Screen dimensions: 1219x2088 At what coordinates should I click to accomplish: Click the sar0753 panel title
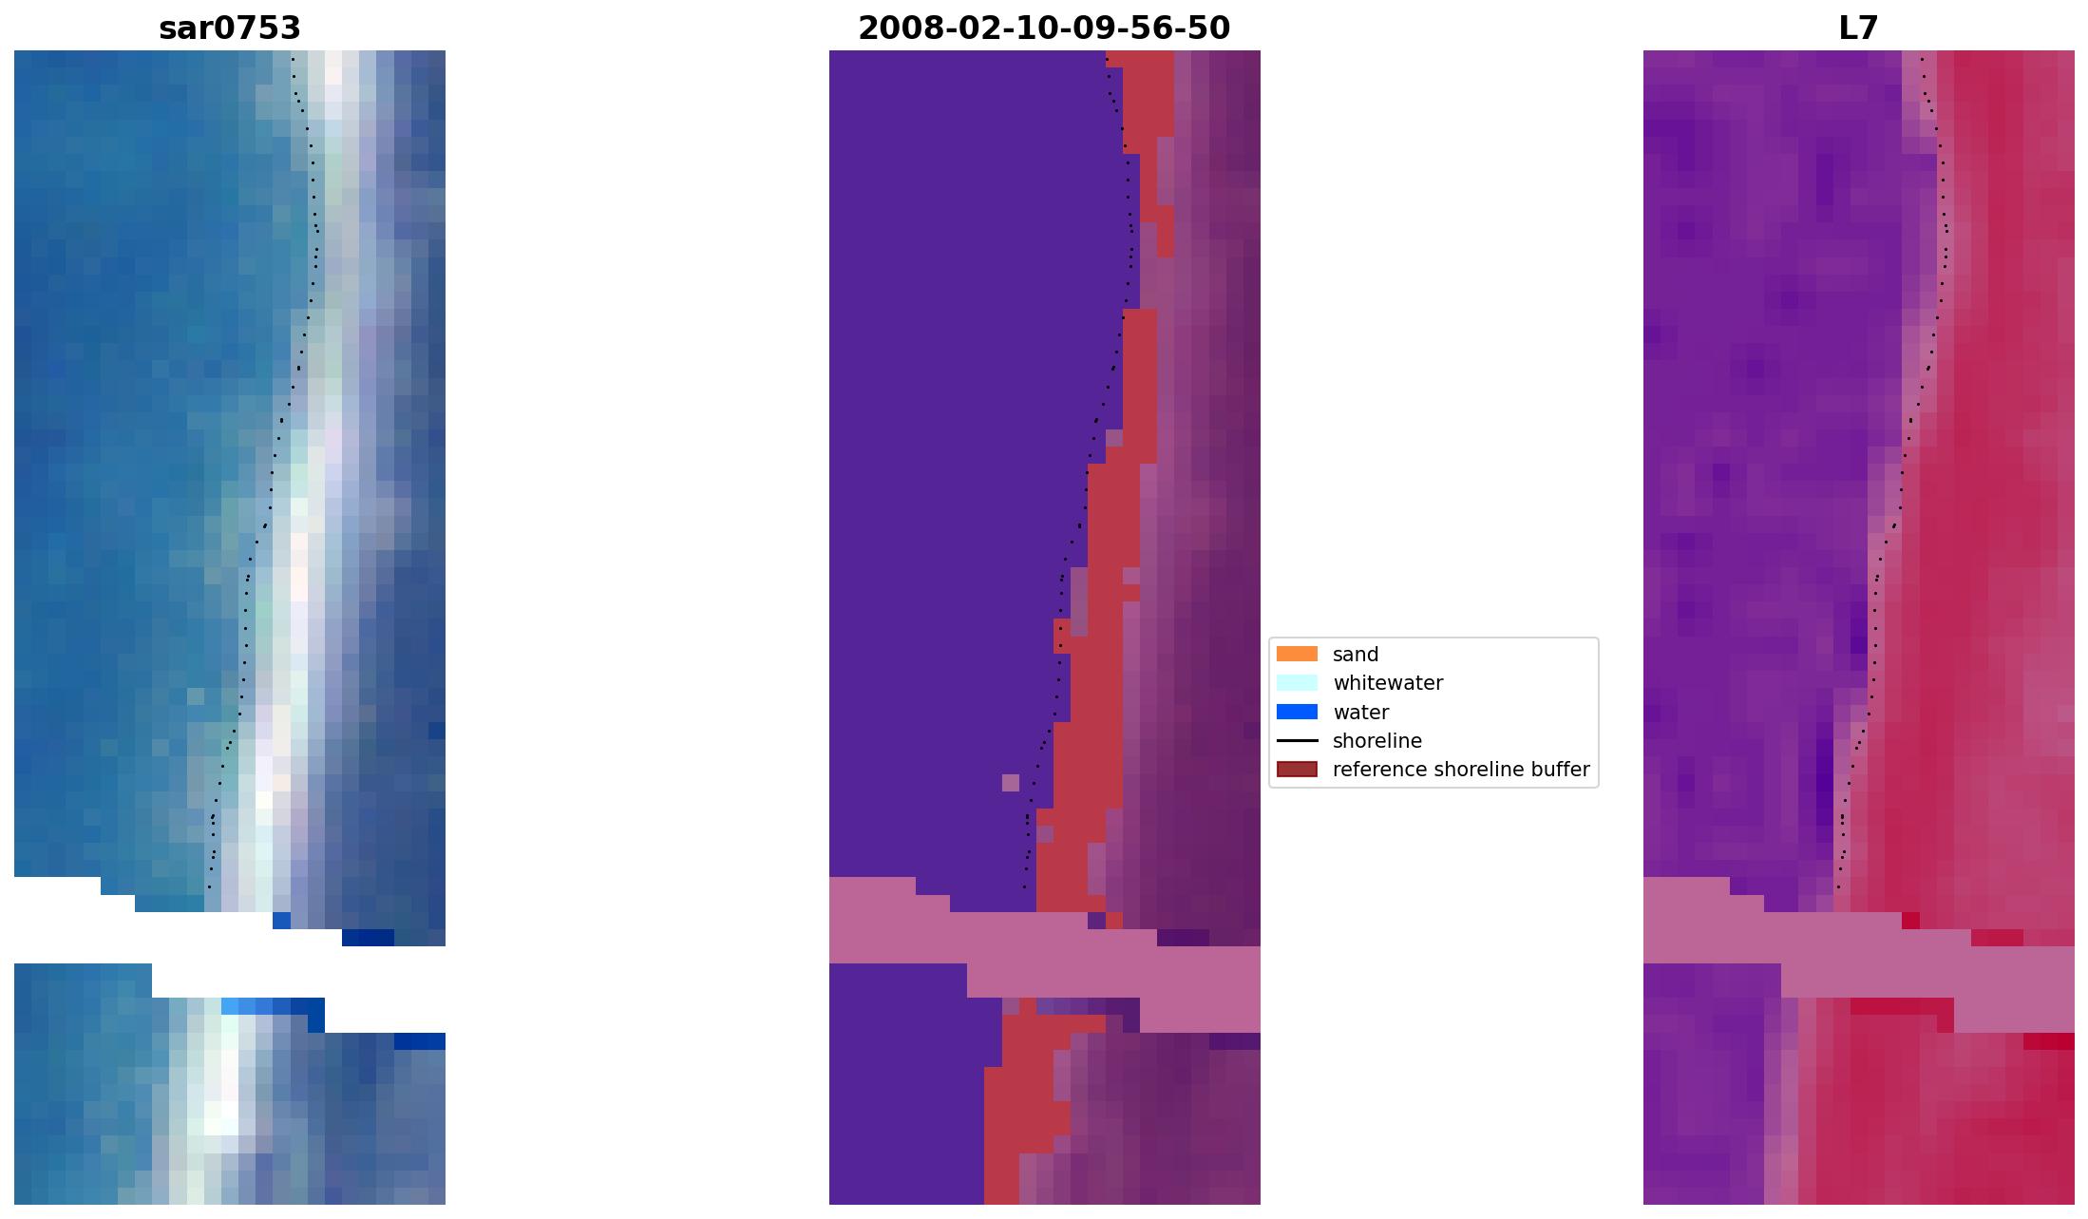(x=230, y=29)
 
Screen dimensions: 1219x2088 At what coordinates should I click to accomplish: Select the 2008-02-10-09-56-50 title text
(x=1044, y=29)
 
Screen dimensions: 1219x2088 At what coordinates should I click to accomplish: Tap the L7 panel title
(x=1858, y=29)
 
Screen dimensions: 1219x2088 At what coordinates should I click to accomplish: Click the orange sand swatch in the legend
(x=1297, y=654)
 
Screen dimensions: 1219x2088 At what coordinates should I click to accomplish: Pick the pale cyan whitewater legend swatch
(x=1297, y=682)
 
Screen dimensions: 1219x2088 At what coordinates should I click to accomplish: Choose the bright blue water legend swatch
(x=1297, y=712)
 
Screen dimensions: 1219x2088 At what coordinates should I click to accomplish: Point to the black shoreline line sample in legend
(x=1297, y=740)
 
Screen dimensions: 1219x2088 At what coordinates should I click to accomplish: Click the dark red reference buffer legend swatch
(x=1297, y=769)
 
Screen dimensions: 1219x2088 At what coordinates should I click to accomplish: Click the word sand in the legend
(x=1356, y=655)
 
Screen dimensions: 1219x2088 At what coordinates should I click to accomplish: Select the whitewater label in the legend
(x=1388, y=683)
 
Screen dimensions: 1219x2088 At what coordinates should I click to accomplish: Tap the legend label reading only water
(x=1360, y=713)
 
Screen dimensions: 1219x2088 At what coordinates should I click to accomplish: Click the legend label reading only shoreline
(x=1376, y=741)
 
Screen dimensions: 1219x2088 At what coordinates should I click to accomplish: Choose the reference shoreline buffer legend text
(x=1460, y=770)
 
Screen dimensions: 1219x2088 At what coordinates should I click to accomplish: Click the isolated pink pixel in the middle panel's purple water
(x=1010, y=783)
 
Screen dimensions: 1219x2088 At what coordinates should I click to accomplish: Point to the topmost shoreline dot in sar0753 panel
(x=293, y=59)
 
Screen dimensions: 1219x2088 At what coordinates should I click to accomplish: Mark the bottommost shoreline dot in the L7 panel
(x=1838, y=887)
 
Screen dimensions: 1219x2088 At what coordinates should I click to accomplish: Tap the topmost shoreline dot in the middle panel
(x=1107, y=59)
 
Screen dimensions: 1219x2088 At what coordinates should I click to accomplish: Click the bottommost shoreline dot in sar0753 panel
(x=209, y=887)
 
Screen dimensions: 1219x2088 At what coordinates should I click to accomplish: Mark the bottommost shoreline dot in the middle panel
(x=1024, y=887)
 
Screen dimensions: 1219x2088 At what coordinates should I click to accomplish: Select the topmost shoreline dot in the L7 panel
(x=1922, y=59)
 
